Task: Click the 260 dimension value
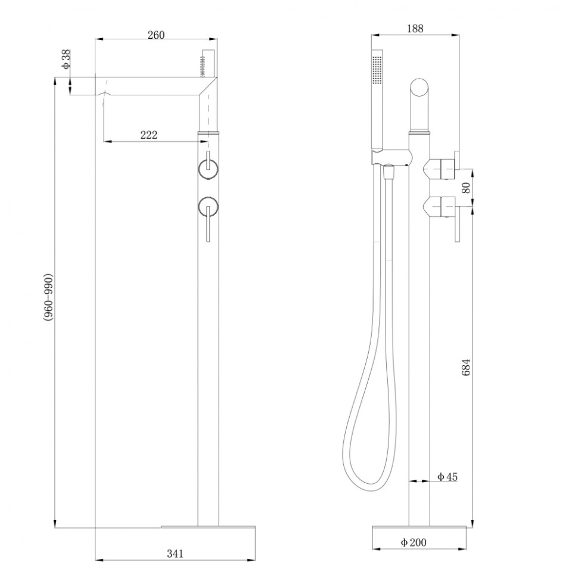tap(156, 35)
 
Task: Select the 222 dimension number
tap(148, 135)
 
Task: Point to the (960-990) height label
tap(49, 299)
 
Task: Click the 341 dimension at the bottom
tap(175, 554)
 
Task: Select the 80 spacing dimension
tap(467, 188)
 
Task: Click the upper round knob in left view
tap(208, 169)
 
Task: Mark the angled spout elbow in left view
tap(208, 86)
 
